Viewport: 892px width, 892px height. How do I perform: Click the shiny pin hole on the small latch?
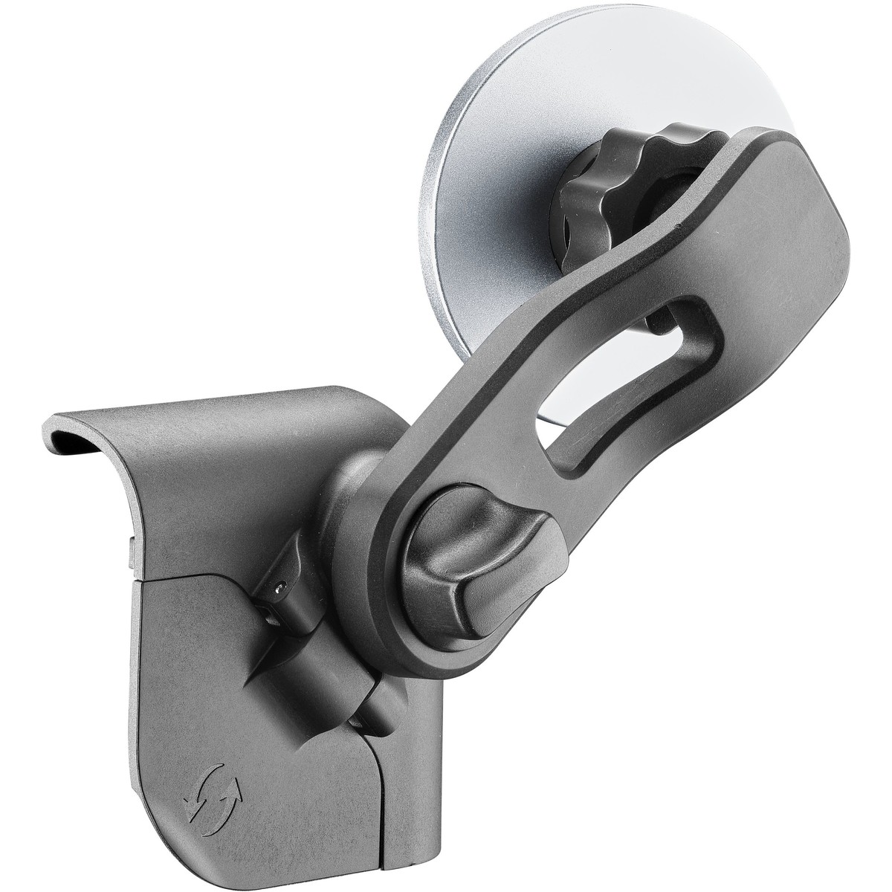click(x=277, y=587)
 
